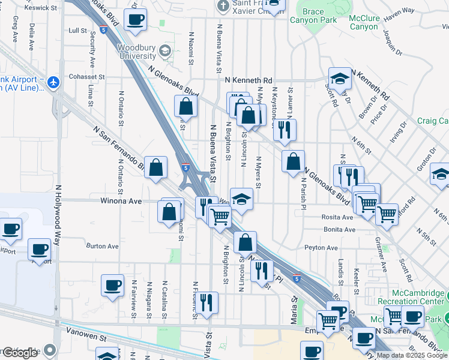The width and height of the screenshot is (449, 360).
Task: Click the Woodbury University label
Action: coord(136,52)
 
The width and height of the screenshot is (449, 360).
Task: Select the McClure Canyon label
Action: coord(364,22)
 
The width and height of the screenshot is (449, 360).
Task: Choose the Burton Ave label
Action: coord(103,246)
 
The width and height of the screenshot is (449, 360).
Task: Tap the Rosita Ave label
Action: coord(338,217)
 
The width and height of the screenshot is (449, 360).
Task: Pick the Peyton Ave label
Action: coord(321,247)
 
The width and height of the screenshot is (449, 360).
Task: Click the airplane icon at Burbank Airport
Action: coord(54,82)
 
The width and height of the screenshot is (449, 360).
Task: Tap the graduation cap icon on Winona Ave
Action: coord(241,199)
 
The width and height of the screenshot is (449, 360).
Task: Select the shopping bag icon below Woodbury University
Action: coord(186,107)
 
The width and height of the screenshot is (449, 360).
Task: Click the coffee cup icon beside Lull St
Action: coord(135,19)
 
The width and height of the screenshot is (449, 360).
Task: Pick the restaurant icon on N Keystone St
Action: coord(285,129)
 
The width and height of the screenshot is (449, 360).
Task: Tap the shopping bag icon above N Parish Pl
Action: coord(293,161)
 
